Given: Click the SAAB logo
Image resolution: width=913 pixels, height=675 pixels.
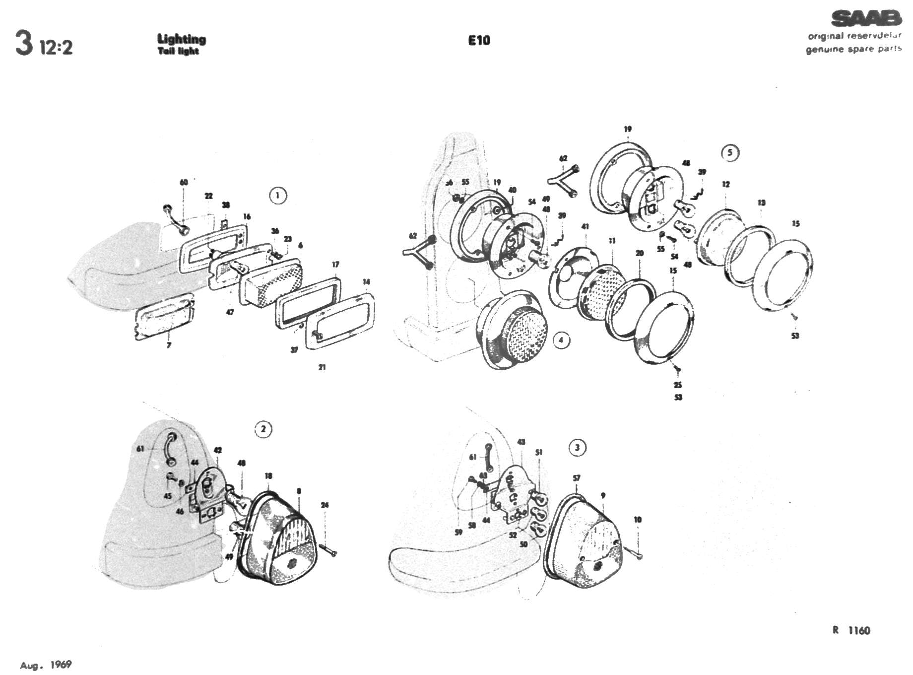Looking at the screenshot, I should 866,18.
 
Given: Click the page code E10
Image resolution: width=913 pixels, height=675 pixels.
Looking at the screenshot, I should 479,40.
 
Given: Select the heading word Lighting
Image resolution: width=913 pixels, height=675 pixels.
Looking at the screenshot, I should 182,39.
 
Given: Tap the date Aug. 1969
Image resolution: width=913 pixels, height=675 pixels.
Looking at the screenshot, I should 46,665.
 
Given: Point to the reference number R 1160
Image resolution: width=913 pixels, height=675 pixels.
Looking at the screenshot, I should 851,630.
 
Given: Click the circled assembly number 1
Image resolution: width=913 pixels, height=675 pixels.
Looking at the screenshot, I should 277,195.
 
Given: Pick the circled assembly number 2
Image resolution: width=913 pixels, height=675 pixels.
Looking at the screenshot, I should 263,429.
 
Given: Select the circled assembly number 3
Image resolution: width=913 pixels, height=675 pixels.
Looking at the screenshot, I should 577,448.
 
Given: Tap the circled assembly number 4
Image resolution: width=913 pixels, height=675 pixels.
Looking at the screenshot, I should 561,340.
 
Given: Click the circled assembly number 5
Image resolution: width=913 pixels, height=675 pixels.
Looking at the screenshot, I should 729,152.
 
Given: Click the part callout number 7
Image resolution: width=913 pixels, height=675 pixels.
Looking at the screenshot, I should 169,345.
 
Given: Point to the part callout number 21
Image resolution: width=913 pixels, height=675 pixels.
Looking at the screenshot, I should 322,367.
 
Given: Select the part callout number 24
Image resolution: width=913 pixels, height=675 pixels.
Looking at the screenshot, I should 325,505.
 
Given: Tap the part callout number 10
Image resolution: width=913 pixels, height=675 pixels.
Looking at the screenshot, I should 638,519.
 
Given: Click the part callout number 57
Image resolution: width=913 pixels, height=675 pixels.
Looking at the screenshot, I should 576,478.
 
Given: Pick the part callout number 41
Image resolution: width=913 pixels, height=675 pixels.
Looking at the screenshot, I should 586,226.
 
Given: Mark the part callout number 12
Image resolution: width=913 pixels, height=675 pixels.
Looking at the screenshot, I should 726,184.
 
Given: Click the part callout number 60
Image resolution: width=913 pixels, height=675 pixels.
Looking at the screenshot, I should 184,182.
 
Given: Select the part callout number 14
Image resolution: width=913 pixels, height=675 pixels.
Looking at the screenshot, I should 366,282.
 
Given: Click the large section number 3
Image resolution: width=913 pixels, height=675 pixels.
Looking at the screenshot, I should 24,44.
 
